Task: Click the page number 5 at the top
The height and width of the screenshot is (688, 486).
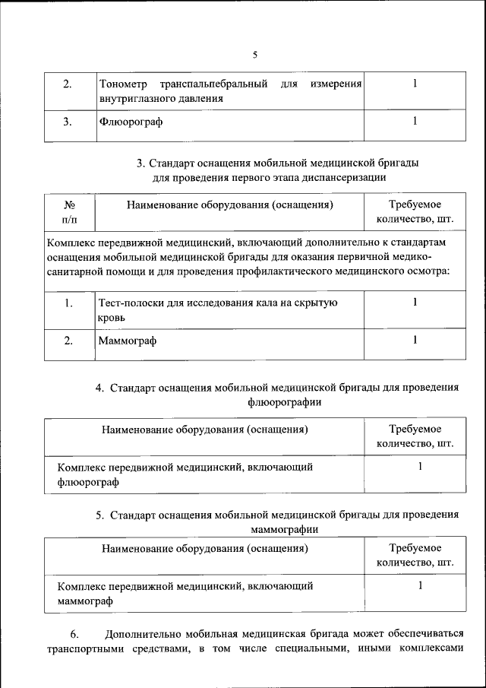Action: tap(254, 54)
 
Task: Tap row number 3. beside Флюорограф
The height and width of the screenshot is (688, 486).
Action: tap(68, 122)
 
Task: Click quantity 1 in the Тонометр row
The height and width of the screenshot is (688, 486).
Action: tap(415, 83)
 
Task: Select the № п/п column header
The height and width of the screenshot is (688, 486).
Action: tap(68, 212)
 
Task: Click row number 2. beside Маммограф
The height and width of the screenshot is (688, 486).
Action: tap(68, 341)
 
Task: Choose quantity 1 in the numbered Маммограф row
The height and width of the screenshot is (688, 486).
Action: tap(415, 340)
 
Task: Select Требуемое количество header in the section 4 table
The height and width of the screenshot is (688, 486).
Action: tap(415, 436)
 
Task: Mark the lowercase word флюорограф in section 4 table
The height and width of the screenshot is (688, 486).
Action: tap(87, 481)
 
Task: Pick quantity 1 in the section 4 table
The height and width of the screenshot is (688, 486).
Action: tap(419, 467)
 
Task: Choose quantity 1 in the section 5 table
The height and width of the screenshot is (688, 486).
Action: tap(419, 585)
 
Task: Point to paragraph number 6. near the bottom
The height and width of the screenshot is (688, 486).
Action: tap(74, 635)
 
